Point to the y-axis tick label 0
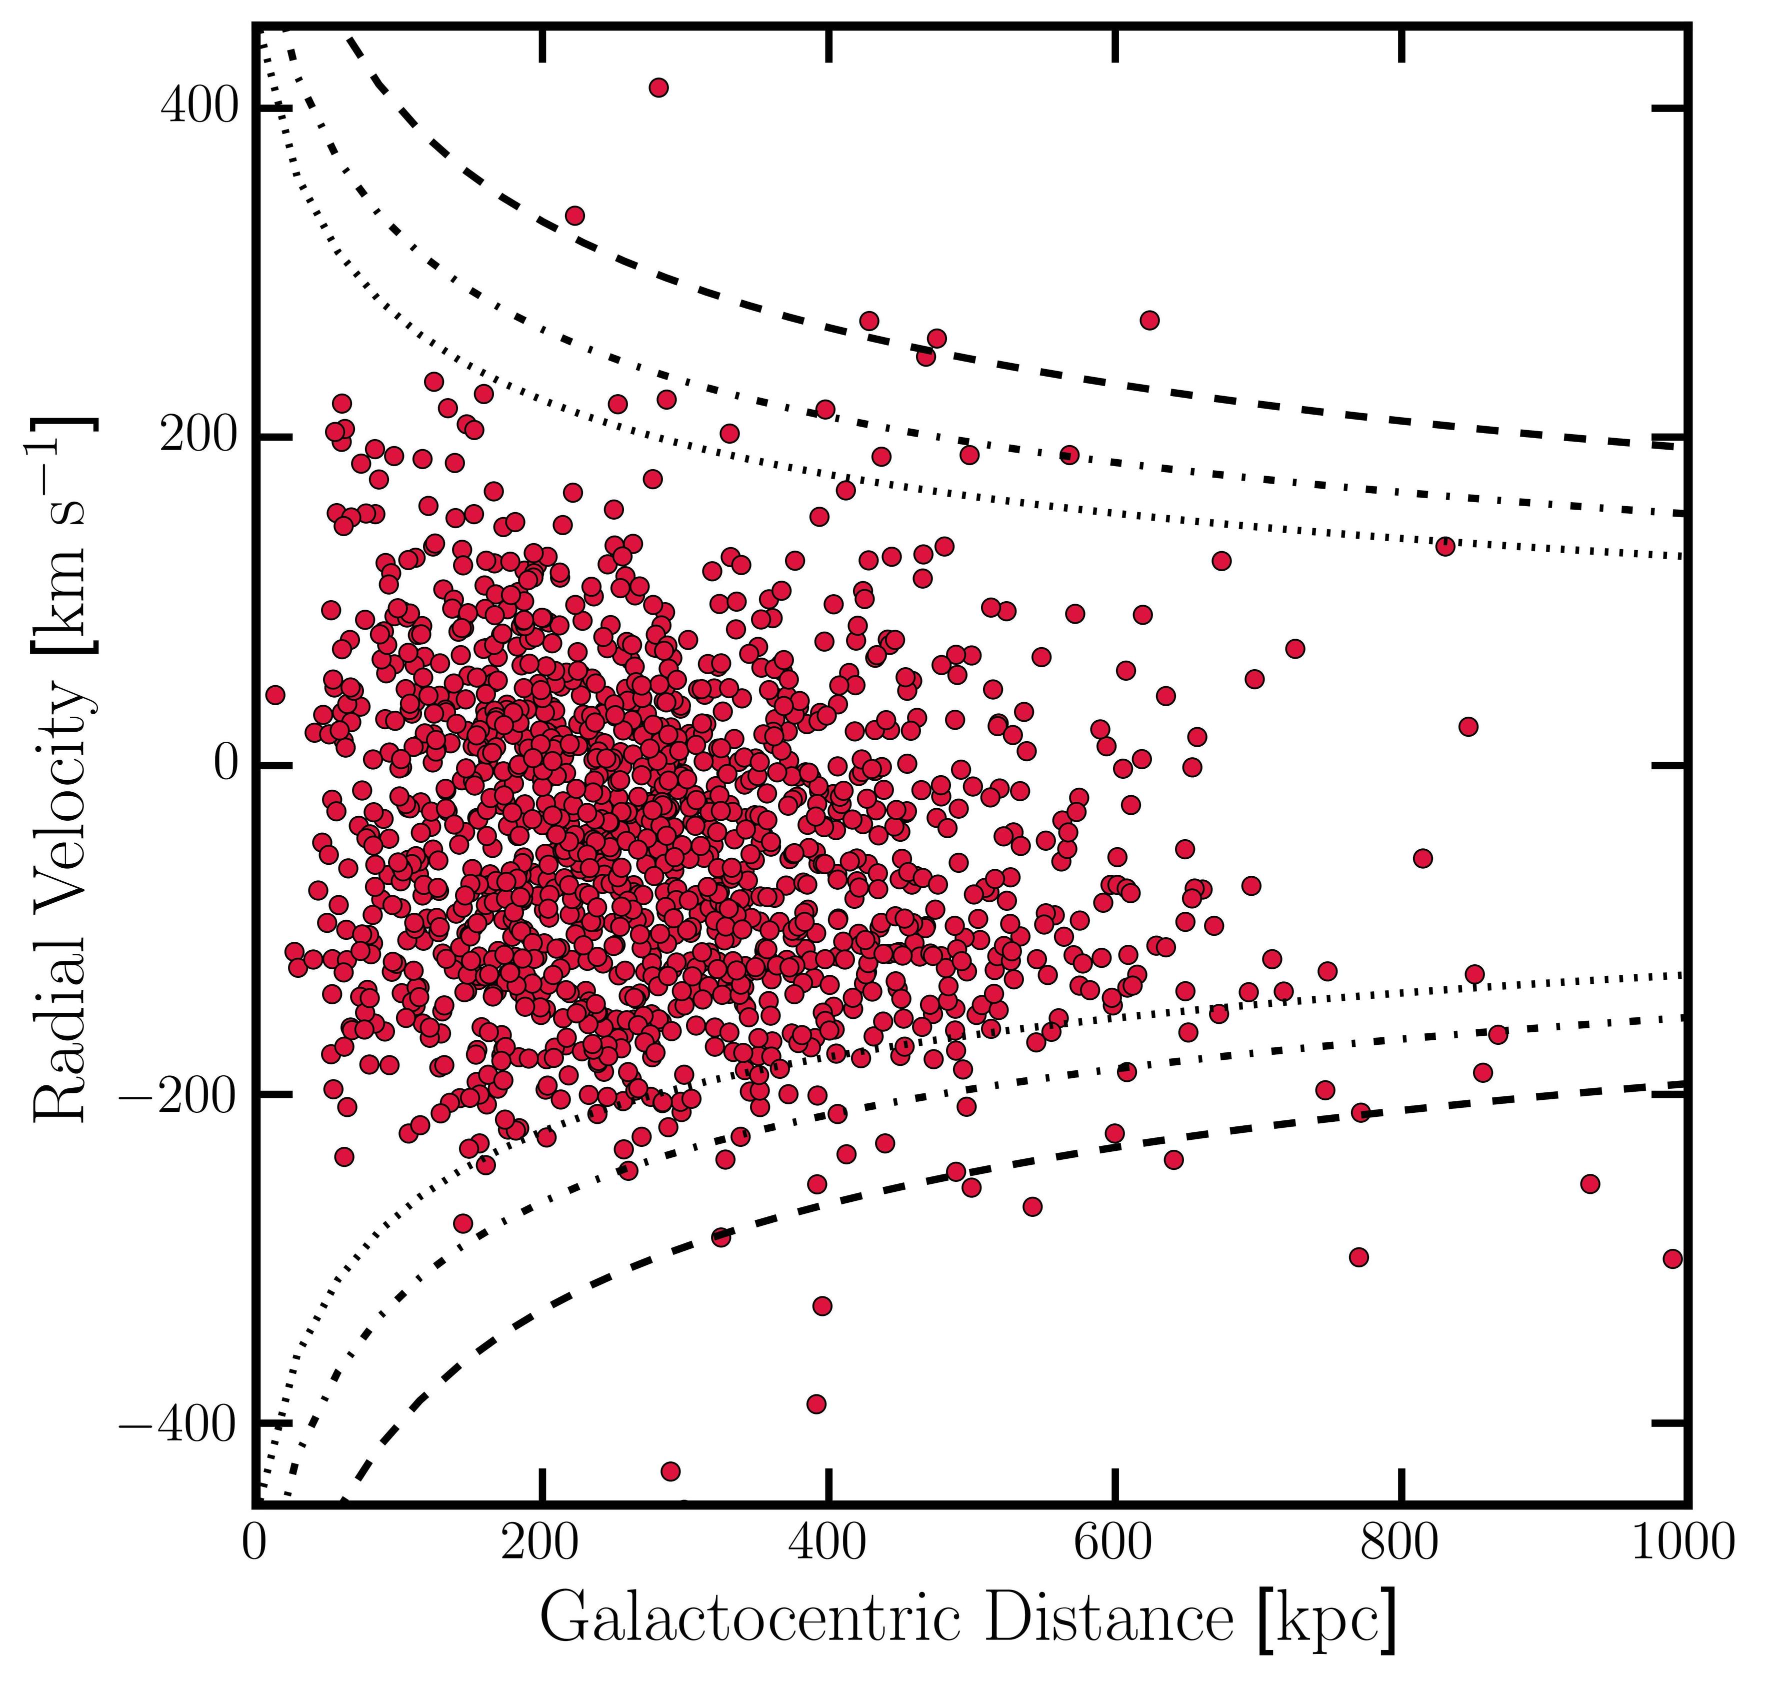pyautogui.click(x=227, y=765)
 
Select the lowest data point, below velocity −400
pyautogui.click(x=670, y=1471)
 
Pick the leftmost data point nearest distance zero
pyautogui.click(x=275, y=694)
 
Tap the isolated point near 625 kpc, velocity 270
pyautogui.click(x=1149, y=320)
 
